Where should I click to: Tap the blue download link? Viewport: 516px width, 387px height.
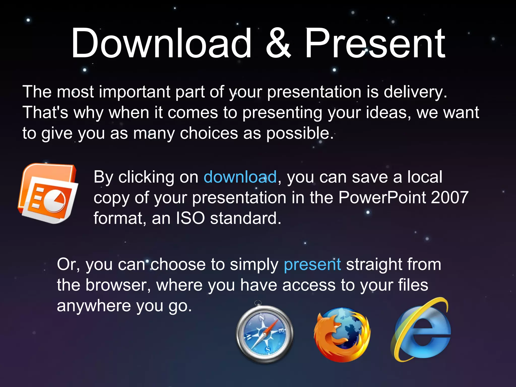pos(240,177)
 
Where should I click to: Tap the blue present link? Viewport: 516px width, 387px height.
pos(312,265)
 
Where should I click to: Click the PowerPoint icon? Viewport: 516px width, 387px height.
pos(48,193)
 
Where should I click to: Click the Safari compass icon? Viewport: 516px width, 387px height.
pos(265,334)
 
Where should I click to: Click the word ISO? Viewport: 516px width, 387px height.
pos(190,218)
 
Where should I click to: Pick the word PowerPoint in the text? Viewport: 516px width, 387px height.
pos(382,198)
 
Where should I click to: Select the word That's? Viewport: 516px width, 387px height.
pos(45,113)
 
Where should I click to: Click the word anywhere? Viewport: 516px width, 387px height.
pos(94,306)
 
